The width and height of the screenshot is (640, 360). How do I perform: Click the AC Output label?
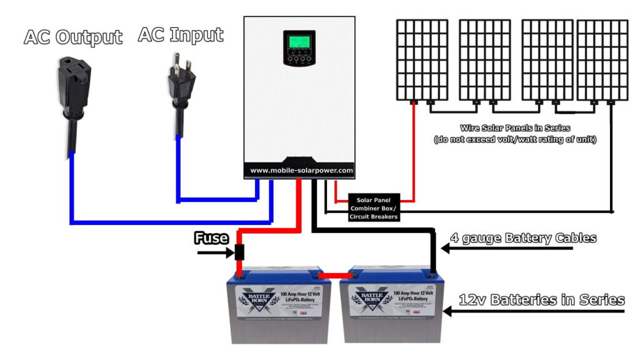[72, 37]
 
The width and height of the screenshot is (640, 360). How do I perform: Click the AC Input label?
[180, 35]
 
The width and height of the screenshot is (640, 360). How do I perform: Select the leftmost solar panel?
[422, 59]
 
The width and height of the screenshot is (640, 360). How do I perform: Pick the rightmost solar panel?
[602, 59]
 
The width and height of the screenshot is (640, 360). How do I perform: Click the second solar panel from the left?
[484, 59]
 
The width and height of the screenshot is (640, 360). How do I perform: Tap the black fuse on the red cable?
[239, 253]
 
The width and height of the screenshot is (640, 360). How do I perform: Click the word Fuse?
[211, 238]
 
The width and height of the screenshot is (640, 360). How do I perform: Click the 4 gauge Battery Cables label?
[523, 238]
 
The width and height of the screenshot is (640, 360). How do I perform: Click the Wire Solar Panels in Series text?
[514, 127]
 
